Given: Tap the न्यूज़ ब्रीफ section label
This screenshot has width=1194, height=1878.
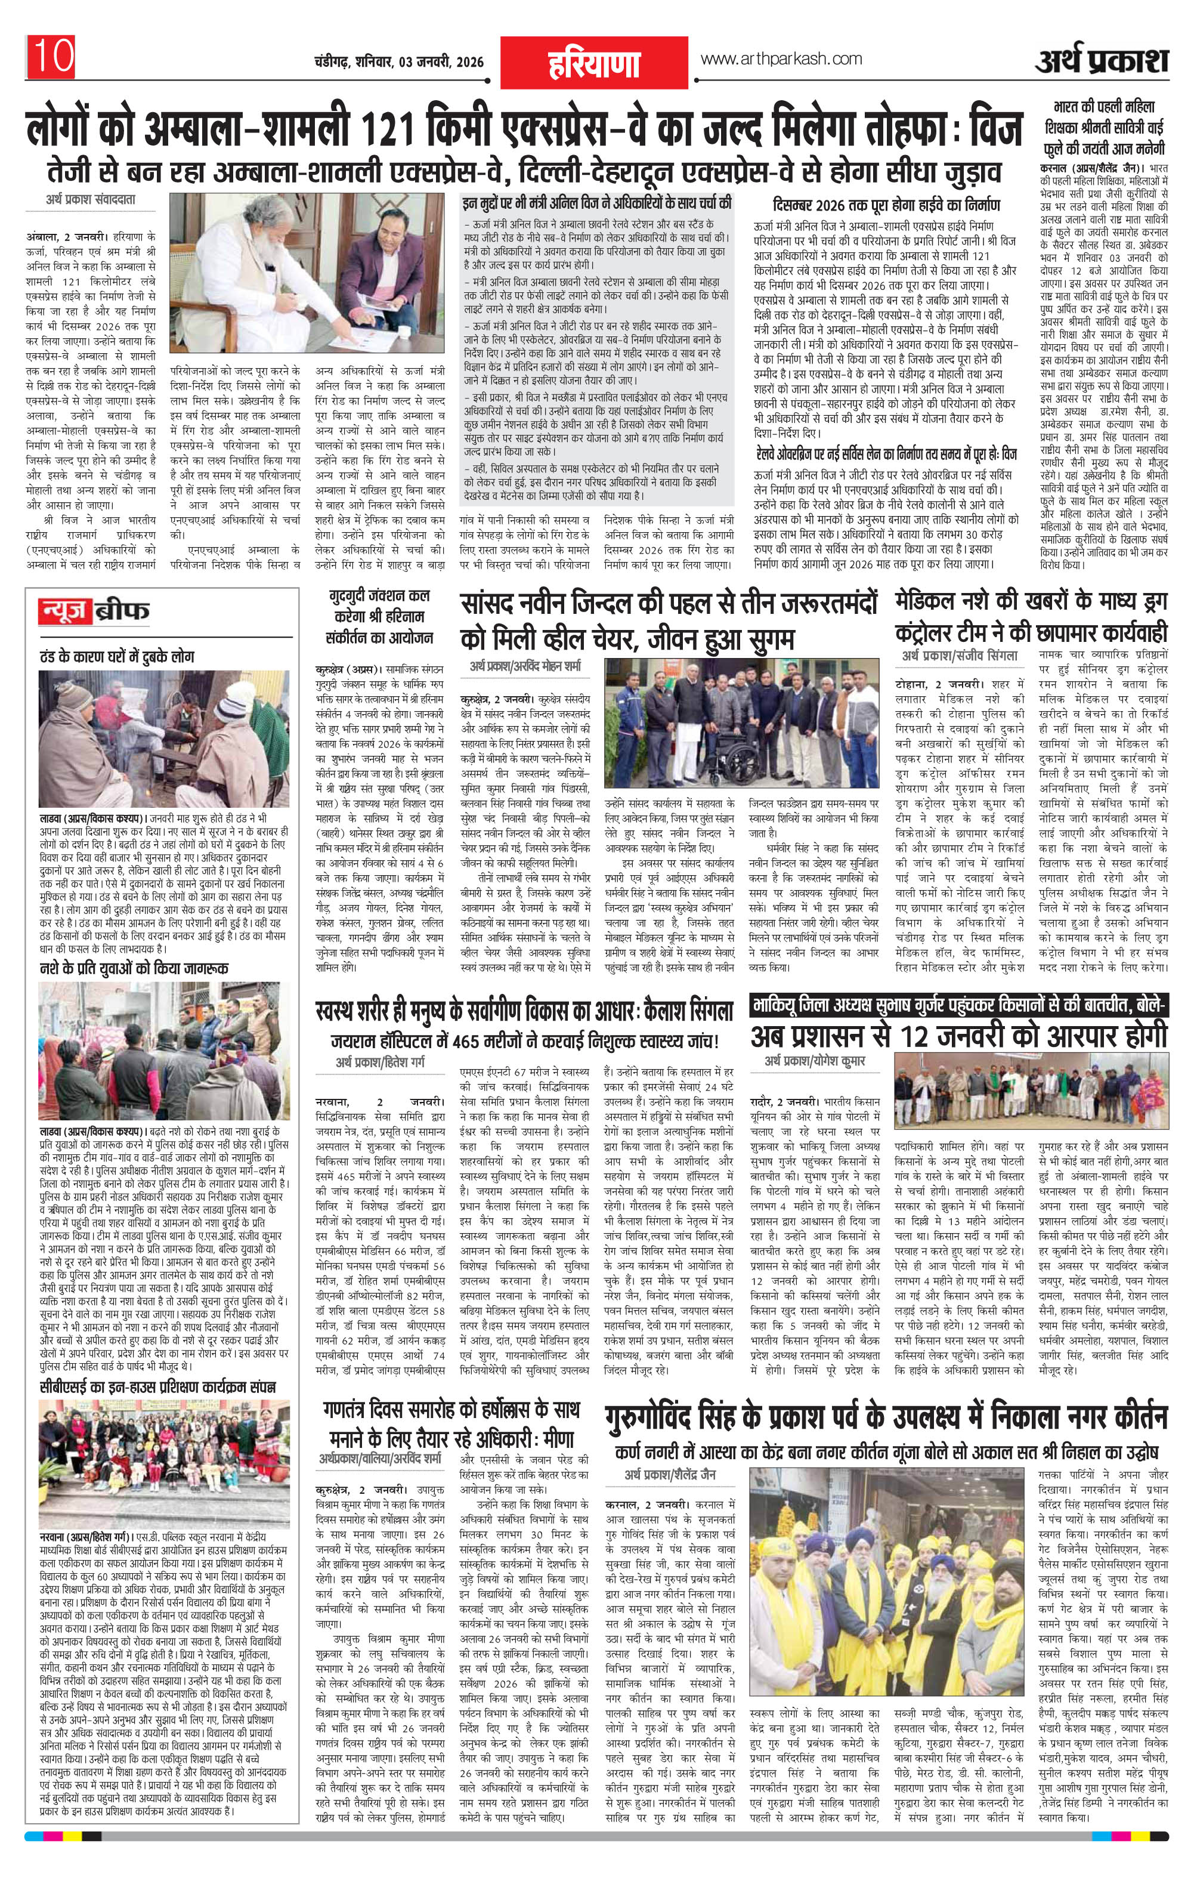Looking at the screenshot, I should [x=94, y=611].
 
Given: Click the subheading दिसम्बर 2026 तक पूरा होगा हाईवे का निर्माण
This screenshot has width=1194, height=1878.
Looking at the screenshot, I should [x=886, y=206].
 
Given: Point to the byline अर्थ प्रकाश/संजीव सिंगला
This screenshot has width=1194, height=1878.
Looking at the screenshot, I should [x=961, y=656].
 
